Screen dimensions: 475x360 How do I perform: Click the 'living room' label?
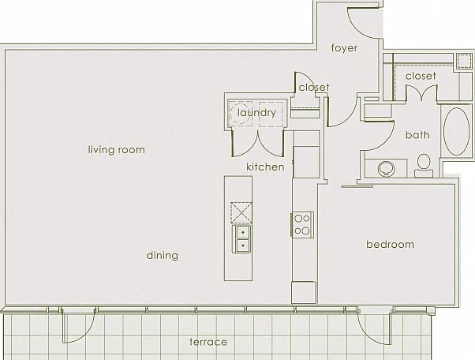tap(116, 150)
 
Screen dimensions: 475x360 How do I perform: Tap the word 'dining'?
tap(162, 256)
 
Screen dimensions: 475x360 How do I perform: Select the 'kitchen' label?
tap(265, 167)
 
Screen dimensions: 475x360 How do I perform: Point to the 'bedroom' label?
tap(390, 244)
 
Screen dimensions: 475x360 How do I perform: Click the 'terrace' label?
tap(208, 342)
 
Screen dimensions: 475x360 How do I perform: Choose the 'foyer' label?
tap(344, 48)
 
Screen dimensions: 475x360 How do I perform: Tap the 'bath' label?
tap(417, 135)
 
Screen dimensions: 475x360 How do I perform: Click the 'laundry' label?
tap(256, 113)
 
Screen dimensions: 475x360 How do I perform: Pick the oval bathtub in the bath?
tap(456, 131)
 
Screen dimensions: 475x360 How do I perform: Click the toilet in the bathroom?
tap(424, 166)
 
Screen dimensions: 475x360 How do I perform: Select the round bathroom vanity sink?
tap(387, 169)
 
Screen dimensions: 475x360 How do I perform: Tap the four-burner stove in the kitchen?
tap(302, 224)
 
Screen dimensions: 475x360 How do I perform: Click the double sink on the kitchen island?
tap(241, 238)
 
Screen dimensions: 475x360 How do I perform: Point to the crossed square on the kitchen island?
tap(241, 212)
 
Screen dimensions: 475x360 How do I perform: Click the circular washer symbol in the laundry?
tap(240, 113)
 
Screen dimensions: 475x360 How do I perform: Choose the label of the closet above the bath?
tap(421, 76)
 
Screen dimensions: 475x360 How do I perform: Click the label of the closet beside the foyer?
tap(314, 88)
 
